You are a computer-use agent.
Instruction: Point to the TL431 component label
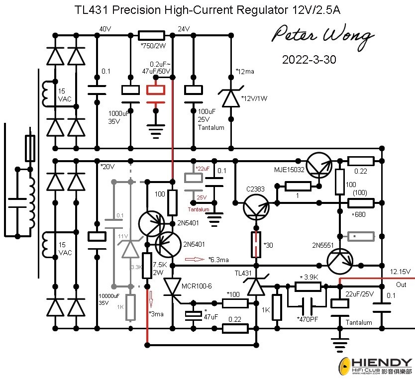(x=243, y=273)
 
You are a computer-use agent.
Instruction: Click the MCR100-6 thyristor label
(x=198, y=286)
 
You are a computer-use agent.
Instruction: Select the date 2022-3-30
(x=309, y=60)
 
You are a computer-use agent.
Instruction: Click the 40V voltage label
(x=105, y=29)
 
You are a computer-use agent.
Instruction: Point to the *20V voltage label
(x=108, y=166)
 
